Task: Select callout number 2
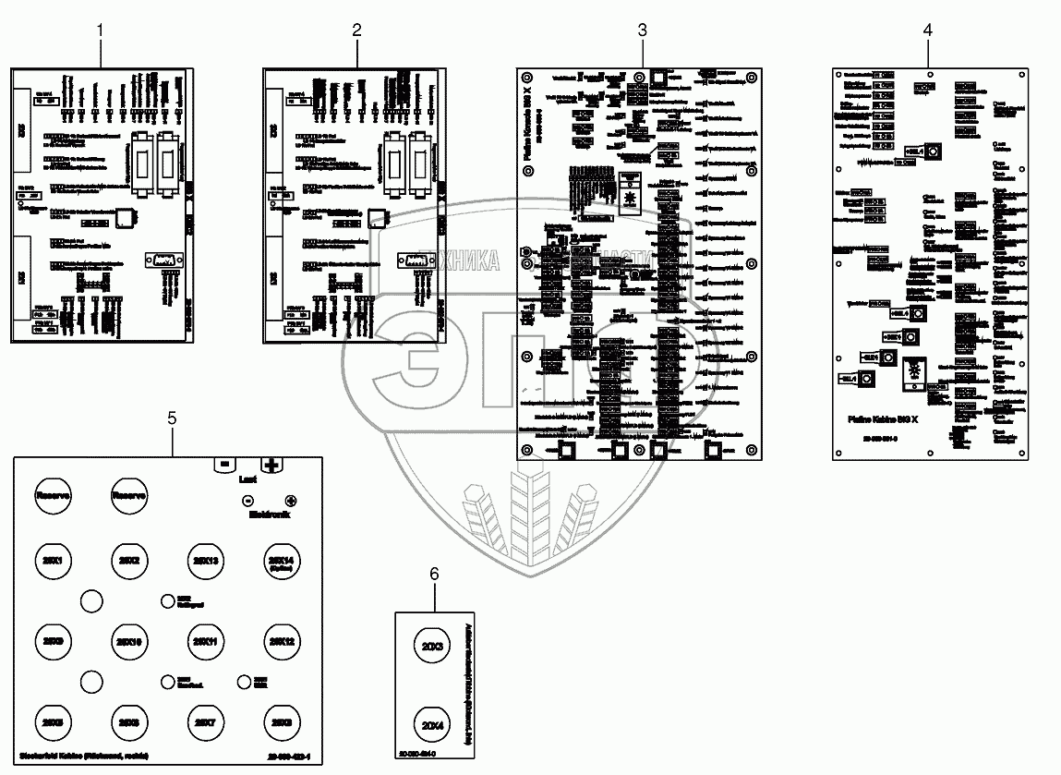(356, 30)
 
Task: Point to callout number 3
(642, 30)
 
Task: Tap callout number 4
(927, 30)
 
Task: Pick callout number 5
(172, 418)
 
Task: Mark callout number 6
(434, 574)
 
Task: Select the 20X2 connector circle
(128, 561)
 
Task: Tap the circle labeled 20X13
(205, 561)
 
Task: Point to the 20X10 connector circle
(128, 640)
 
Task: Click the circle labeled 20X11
(205, 640)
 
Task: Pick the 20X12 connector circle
(281, 640)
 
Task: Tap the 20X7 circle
(205, 721)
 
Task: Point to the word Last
(247, 480)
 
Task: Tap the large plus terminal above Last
(272, 465)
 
